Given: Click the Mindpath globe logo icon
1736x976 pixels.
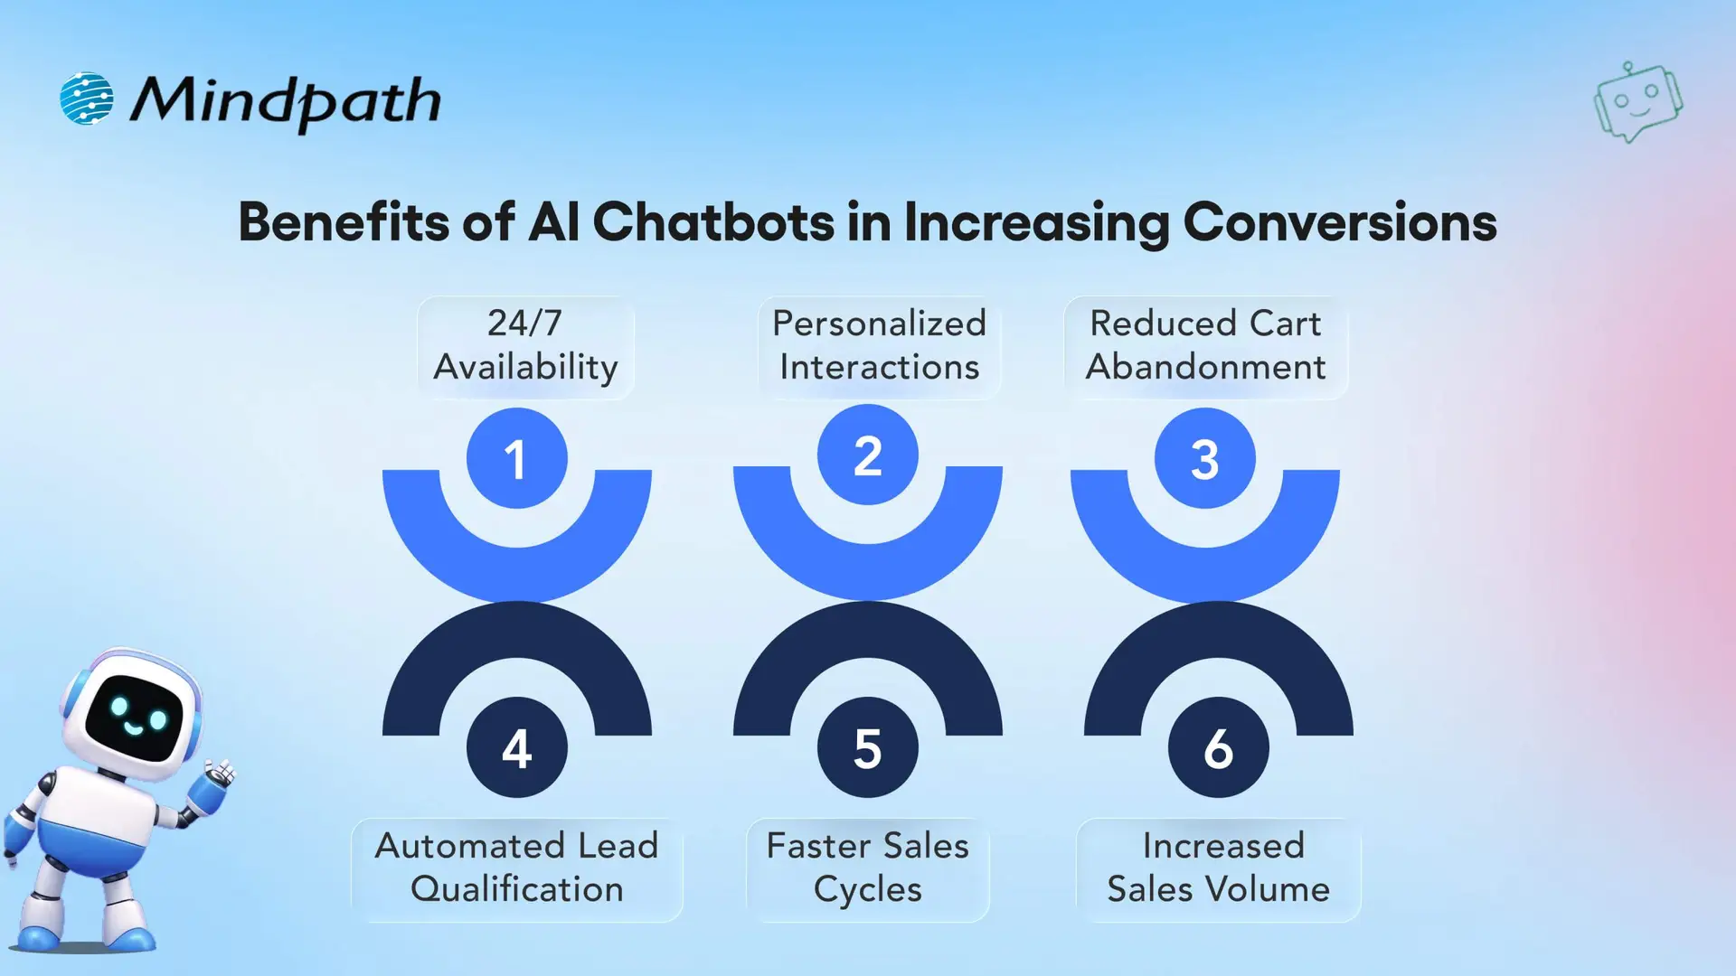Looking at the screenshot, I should pyautogui.click(x=87, y=99).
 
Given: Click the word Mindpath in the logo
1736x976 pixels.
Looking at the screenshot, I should pyautogui.click(x=286, y=101).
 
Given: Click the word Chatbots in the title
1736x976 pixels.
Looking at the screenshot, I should pyautogui.click(x=713, y=222).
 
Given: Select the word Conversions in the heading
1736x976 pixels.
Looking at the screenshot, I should pyautogui.click(x=1340, y=222).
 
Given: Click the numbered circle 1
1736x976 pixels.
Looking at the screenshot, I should pyautogui.click(x=516, y=458).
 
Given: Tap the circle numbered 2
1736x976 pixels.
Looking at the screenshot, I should pyautogui.click(x=867, y=455).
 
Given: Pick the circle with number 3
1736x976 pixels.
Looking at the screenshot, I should pyautogui.click(x=1204, y=458).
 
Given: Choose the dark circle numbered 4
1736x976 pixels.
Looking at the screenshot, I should pyautogui.click(x=516, y=747).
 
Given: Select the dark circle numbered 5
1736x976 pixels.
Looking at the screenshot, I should pyautogui.click(x=867, y=747).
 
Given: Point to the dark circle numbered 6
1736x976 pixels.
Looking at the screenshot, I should pyautogui.click(x=1218, y=747).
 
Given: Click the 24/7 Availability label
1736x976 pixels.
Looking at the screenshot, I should pyautogui.click(x=525, y=346).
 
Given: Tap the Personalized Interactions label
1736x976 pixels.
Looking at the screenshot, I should pyautogui.click(x=879, y=346).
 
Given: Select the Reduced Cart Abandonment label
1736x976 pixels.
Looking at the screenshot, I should pyautogui.click(x=1205, y=346).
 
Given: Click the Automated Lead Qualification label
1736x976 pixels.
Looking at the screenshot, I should pyautogui.click(x=516, y=868).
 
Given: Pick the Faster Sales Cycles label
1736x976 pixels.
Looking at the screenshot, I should pyautogui.click(x=867, y=868).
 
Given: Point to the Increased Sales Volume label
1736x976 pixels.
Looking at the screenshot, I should pyautogui.click(x=1218, y=868).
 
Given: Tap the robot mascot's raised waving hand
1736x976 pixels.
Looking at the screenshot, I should pyautogui.click(x=219, y=775).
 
